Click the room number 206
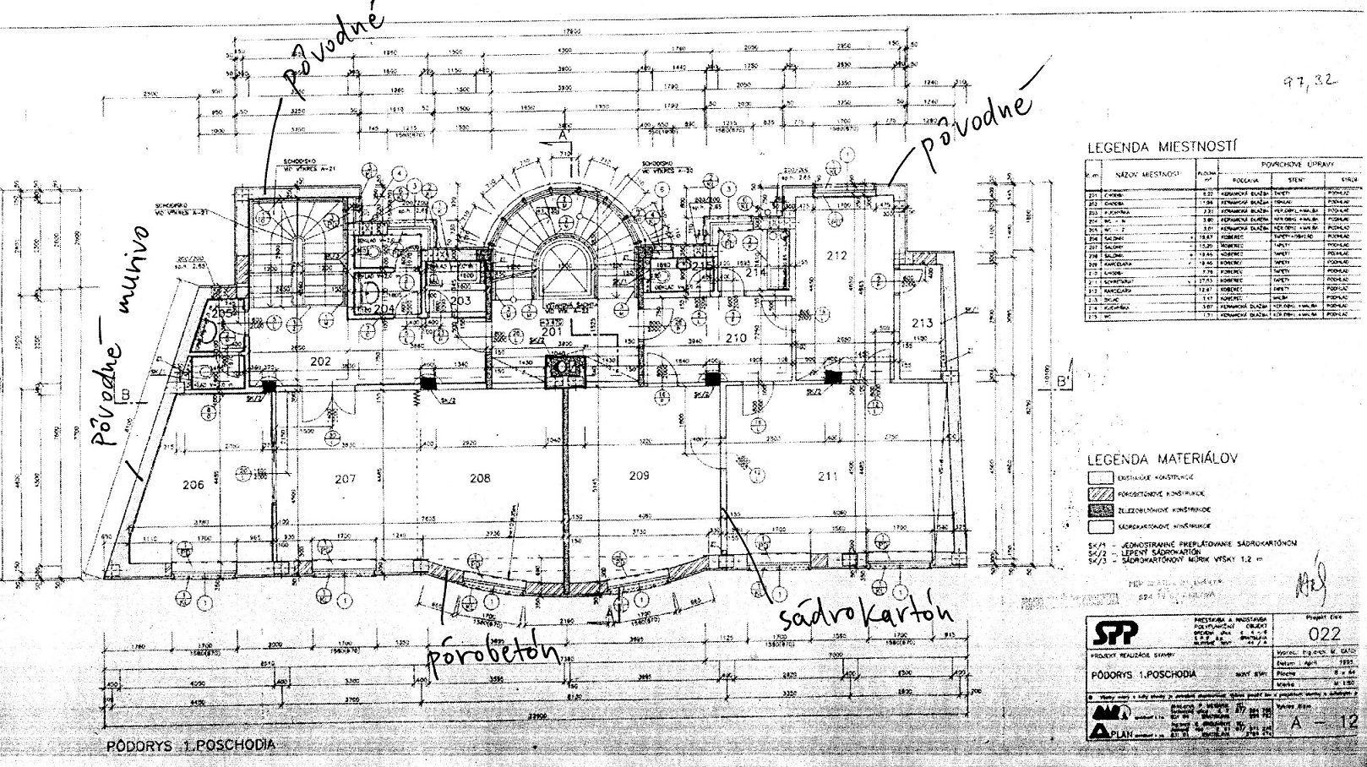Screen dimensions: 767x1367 tap(193, 485)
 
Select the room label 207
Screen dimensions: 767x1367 tap(345, 479)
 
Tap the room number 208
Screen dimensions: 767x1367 tap(480, 478)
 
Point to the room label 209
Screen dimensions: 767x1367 tap(640, 476)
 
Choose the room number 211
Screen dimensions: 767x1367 tap(827, 476)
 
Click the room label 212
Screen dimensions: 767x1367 tap(836, 254)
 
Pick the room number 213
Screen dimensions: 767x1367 tap(923, 323)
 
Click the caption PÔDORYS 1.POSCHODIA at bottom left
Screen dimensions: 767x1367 tap(191, 747)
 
